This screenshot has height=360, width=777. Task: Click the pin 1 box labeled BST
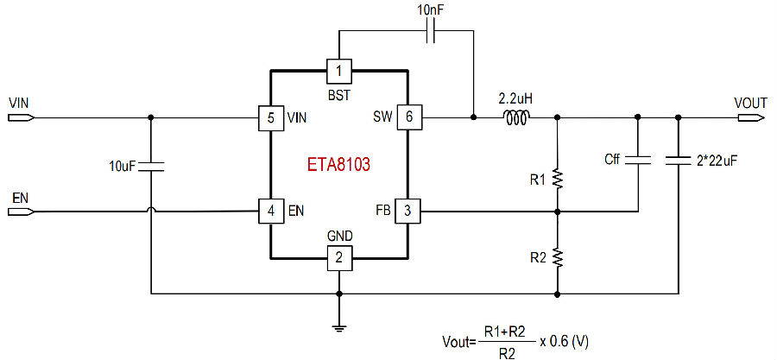pyautogui.click(x=339, y=71)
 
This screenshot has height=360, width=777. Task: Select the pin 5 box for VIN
pyautogui.click(x=270, y=118)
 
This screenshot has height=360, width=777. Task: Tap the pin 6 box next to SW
pyautogui.click(x=408, y=118)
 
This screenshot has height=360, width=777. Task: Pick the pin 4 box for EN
pyautogui.click(x=270, y=212)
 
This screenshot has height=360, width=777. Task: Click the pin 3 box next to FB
pyautogui.click(x=407, y=212)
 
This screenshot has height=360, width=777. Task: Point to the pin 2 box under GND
pyautogui.click(x=339, y=258)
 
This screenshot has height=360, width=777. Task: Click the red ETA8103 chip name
pyautogui.click(x=339, y=165)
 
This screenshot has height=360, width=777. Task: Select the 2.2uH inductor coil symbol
pyautogui.click(x=517, y=117)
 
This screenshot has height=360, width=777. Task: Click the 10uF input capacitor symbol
pyautogui.click(x=150, y=166)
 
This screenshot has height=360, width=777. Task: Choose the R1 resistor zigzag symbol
pyautogui.click(x=557, y=180)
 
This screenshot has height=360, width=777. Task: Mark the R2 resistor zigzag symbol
pyautogui.click(x=557, y=257)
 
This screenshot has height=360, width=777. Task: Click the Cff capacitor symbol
pyautogui.click(x=638, y=160)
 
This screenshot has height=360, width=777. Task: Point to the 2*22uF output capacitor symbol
pyautogui.click(x=679, y=160)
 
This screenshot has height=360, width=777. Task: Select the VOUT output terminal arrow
pyautogui.click(x=749, y=118)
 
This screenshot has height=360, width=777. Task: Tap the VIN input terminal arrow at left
pyautogui.click(x=22, y=118)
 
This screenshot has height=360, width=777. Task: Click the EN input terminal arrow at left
pyautogui.click(x=22, y=212)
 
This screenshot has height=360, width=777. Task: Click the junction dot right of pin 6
pyautogui.click(x=473, y=118)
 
